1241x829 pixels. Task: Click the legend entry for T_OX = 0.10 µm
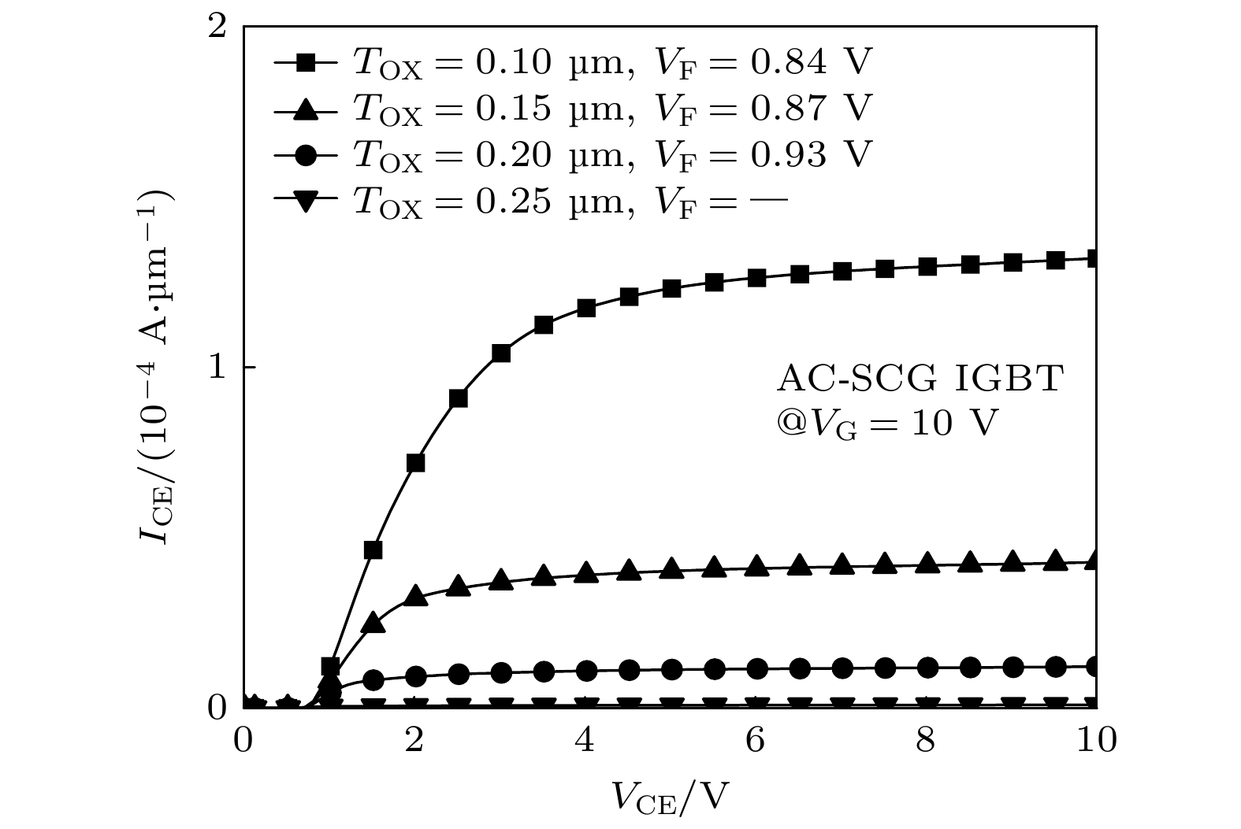click(574, 62)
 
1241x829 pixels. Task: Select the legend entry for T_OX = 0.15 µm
click(574, 109)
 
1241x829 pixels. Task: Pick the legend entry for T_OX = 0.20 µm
click(574, 155)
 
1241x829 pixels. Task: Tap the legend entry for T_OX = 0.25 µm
click(532, 202)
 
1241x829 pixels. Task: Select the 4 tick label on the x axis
click(585, 741)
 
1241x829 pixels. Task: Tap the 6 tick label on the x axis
click(756, 741)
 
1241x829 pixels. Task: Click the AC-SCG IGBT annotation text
click(920, 380)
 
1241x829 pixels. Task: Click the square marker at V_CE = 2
click(415, 462)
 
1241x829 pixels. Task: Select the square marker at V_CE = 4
click(585, 308)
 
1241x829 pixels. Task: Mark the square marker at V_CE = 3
click(500, 353)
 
